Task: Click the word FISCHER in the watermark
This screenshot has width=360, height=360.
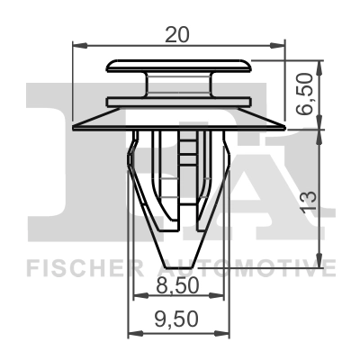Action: click(x=80, y=268)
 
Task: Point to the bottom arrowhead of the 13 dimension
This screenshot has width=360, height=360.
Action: click(x=319, y=256)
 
